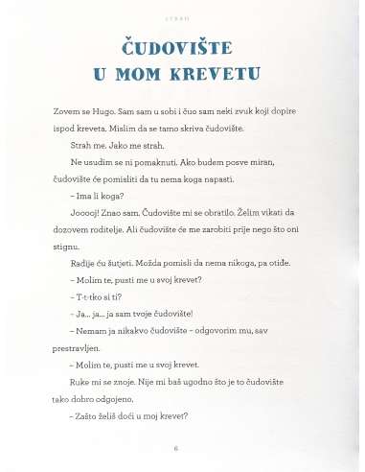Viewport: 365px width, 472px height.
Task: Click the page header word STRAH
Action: (x=183, y=16)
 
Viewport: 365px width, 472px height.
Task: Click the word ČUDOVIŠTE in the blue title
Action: (x=183, y=47)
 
